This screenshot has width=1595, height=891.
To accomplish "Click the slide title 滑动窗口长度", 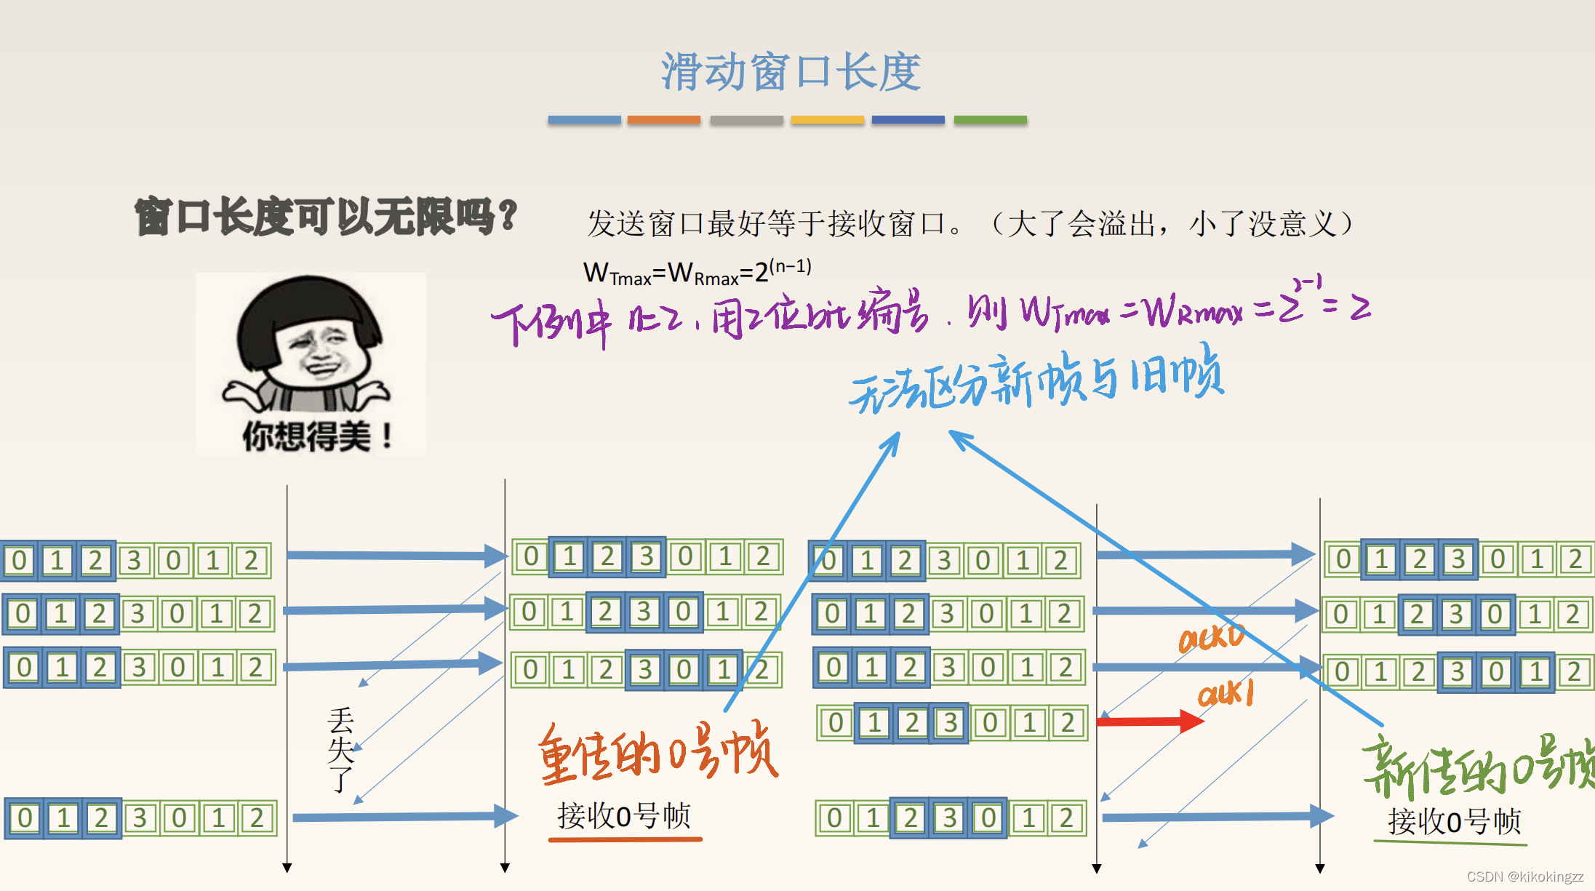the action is (791, 72).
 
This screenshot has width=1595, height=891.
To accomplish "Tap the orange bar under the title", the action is (663, 120).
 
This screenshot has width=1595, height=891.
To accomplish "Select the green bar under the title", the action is (990, 120).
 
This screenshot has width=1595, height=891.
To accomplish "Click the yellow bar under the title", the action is (827, 120).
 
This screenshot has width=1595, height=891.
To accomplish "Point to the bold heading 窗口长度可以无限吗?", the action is (325, 217).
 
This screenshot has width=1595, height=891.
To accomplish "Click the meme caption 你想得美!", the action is (317, 436).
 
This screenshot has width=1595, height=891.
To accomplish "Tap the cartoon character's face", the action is (317, 350).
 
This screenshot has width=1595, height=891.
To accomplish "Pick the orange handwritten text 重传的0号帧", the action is (657, 754).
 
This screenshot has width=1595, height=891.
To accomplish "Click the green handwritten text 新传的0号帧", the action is (1476, 767).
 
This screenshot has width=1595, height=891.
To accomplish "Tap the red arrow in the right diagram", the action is (1149, 722).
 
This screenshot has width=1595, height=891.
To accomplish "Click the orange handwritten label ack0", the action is (1211, 639).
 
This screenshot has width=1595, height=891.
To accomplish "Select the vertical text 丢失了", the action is (340, 749).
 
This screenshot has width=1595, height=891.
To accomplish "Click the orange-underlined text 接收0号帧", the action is (623, 816).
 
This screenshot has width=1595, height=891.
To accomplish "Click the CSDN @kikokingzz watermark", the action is (1524, 876).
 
